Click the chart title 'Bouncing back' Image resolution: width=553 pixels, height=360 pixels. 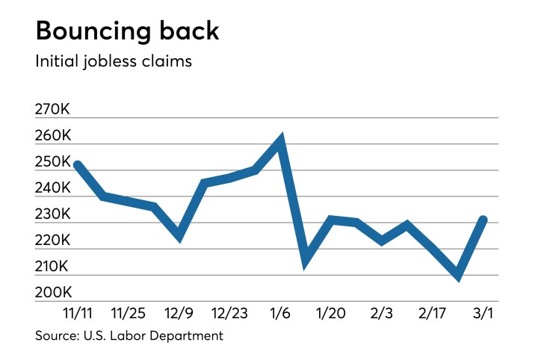pos(127,31)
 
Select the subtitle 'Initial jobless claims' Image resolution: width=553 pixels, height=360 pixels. pos(114,62)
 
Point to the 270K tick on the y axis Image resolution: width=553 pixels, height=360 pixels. pos(52,110)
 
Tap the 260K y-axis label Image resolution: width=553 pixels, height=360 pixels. pos(52,136)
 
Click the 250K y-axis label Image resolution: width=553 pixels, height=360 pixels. pos(52,162)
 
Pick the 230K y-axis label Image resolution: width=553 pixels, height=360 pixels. pos(52,214)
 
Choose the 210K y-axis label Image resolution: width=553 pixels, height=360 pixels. pos(52,267)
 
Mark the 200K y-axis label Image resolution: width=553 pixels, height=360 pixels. pos(52,293)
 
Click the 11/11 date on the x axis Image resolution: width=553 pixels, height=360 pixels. pos(77,311)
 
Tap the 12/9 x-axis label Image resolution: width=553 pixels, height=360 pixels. pos(179,311)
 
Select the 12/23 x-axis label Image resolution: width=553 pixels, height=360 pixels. pos(229,311)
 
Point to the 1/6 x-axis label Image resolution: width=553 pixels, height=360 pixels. pos(280,311)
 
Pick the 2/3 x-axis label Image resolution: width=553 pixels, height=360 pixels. pos(382,311)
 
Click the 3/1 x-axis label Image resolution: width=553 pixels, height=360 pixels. pos(483,311)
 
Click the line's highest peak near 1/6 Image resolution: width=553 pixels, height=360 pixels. pos(280,140)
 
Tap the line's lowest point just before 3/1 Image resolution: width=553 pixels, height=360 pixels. pos(457,276)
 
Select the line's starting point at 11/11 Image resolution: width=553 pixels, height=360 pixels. pos(77,165)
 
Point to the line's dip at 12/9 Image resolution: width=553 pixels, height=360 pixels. pos(179,238)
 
